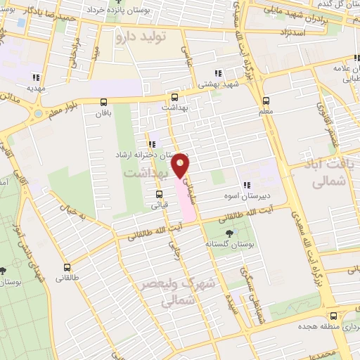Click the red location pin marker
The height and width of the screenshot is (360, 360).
(x=181, y=165)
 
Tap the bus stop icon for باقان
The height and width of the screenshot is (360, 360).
(x=104, y=103)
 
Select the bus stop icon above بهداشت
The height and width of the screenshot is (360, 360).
(x=174, y=98)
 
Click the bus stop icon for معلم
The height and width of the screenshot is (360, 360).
(x=266, y=101)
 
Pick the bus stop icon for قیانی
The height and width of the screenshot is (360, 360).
(x=160, y=195)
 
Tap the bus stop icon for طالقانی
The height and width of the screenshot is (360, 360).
(x=67, y=267)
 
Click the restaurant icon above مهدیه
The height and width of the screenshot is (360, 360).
(x=35, y=77)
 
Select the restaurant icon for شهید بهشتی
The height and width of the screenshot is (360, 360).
(x=217, y=72)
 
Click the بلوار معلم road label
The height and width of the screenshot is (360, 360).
(x=64, y=108)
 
